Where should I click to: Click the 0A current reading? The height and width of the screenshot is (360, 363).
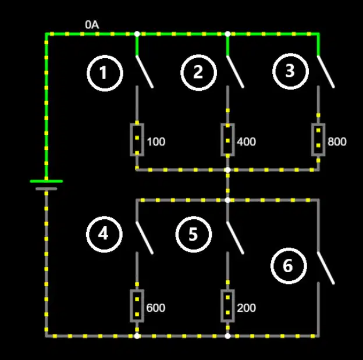click(92, 25)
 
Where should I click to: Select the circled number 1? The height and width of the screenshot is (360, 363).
click(105, 73)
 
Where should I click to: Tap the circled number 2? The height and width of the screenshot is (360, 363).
click(198, 73)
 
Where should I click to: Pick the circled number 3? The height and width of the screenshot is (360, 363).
click(290, 72)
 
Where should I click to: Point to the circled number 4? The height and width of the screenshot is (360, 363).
click(104, 234)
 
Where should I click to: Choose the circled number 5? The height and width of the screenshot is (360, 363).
click(194, 234)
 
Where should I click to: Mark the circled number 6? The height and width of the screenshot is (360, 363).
click(289, 266)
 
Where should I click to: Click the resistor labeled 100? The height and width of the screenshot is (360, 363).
click(137, 140)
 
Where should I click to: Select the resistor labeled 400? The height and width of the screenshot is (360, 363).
click(227, 140)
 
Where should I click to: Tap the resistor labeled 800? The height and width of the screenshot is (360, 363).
click(318, 140)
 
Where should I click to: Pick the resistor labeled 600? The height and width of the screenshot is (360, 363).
click(137, 305)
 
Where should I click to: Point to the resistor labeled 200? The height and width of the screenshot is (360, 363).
click(227, 305)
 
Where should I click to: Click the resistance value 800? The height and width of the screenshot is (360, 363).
click(337, 142)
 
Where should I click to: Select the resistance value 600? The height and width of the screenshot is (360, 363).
click(156, 308)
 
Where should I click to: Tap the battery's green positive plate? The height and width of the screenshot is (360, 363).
click(47, 181)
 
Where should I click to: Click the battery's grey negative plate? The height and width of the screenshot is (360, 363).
click(47, 189)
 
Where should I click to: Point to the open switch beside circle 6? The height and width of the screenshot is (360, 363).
click(326, 268)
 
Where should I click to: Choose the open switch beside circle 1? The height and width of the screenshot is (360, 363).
click(144, 72)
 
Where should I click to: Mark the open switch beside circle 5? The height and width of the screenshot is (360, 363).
click(235, 238)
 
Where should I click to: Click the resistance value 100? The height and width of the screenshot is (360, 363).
click(156, 142)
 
